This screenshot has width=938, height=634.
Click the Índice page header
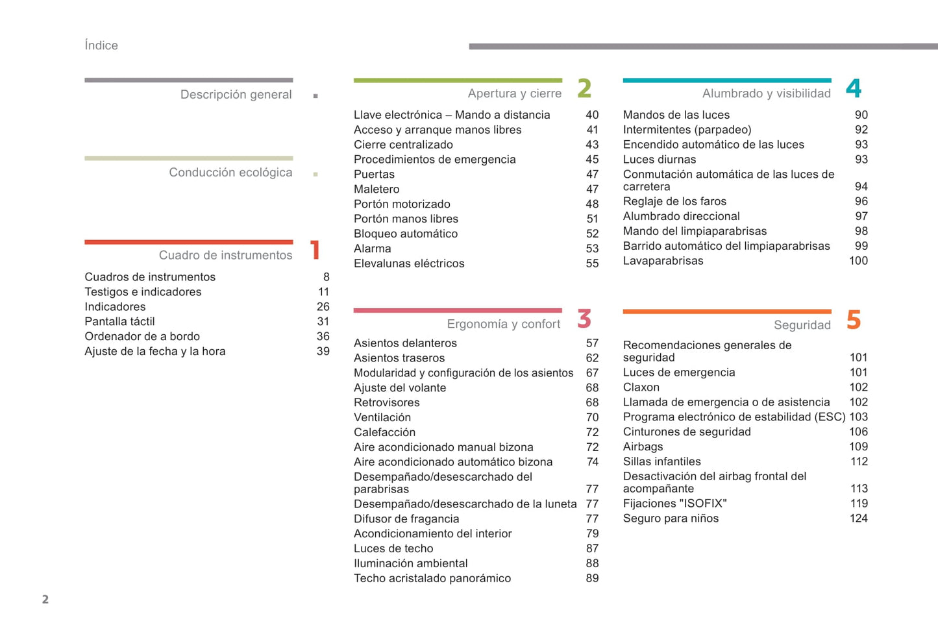(101, 45)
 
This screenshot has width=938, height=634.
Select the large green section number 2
(584, 89)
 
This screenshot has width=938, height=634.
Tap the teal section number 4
(854, 89)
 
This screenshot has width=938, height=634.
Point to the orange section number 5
(854, 320)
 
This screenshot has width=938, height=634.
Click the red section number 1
(315, 250)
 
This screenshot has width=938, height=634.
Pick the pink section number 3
(584, 319)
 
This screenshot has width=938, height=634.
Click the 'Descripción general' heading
(236, 95)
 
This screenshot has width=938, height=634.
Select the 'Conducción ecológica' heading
(230, 173)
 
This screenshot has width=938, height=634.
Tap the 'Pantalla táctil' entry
(119, 322)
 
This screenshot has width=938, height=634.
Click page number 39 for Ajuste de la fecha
(323, 352)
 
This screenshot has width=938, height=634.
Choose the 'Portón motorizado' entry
(402, 204)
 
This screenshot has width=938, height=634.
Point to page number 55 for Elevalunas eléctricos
(592, 264)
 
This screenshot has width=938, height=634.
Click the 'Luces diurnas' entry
(659, 160)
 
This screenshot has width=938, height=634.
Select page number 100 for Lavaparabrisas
(858, 261)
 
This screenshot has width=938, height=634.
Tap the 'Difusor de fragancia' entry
(406, 519)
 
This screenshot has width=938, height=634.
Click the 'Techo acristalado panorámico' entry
(432, 579)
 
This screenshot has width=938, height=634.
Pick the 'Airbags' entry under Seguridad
(643, 447)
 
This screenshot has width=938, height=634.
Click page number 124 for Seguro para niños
(858, 518)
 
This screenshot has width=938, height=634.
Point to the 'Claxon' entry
(641, 387)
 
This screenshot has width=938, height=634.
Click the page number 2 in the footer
(45, 600)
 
